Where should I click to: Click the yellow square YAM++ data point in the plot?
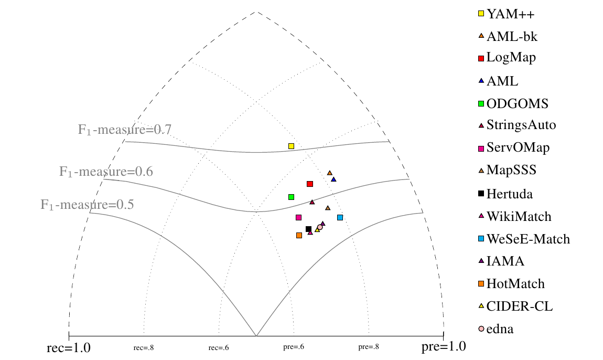(x=292, y=146)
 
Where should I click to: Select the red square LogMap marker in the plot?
(x=310, y=184)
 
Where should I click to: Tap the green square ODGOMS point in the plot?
(x=291, y=197)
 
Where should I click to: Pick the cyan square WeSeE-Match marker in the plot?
(x=340, y=217)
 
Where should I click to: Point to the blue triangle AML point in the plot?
(x=333, y=179)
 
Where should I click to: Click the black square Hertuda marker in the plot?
(x=308, y=229)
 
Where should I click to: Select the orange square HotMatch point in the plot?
(x=299, y=235)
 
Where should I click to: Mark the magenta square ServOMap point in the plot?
(x=298, y=217)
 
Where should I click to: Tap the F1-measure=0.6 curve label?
(x=106, y=172)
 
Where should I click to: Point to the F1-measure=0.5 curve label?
(x=87, y=204)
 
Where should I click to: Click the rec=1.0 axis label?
(x=69, y=347)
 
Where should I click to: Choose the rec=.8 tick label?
(x=144, y=347)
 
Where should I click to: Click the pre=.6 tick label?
(x=294, y=347)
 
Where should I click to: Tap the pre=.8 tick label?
(x=369, y=347)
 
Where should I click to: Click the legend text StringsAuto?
(x=521, y=125)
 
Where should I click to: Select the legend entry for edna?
(x=500, y=329)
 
